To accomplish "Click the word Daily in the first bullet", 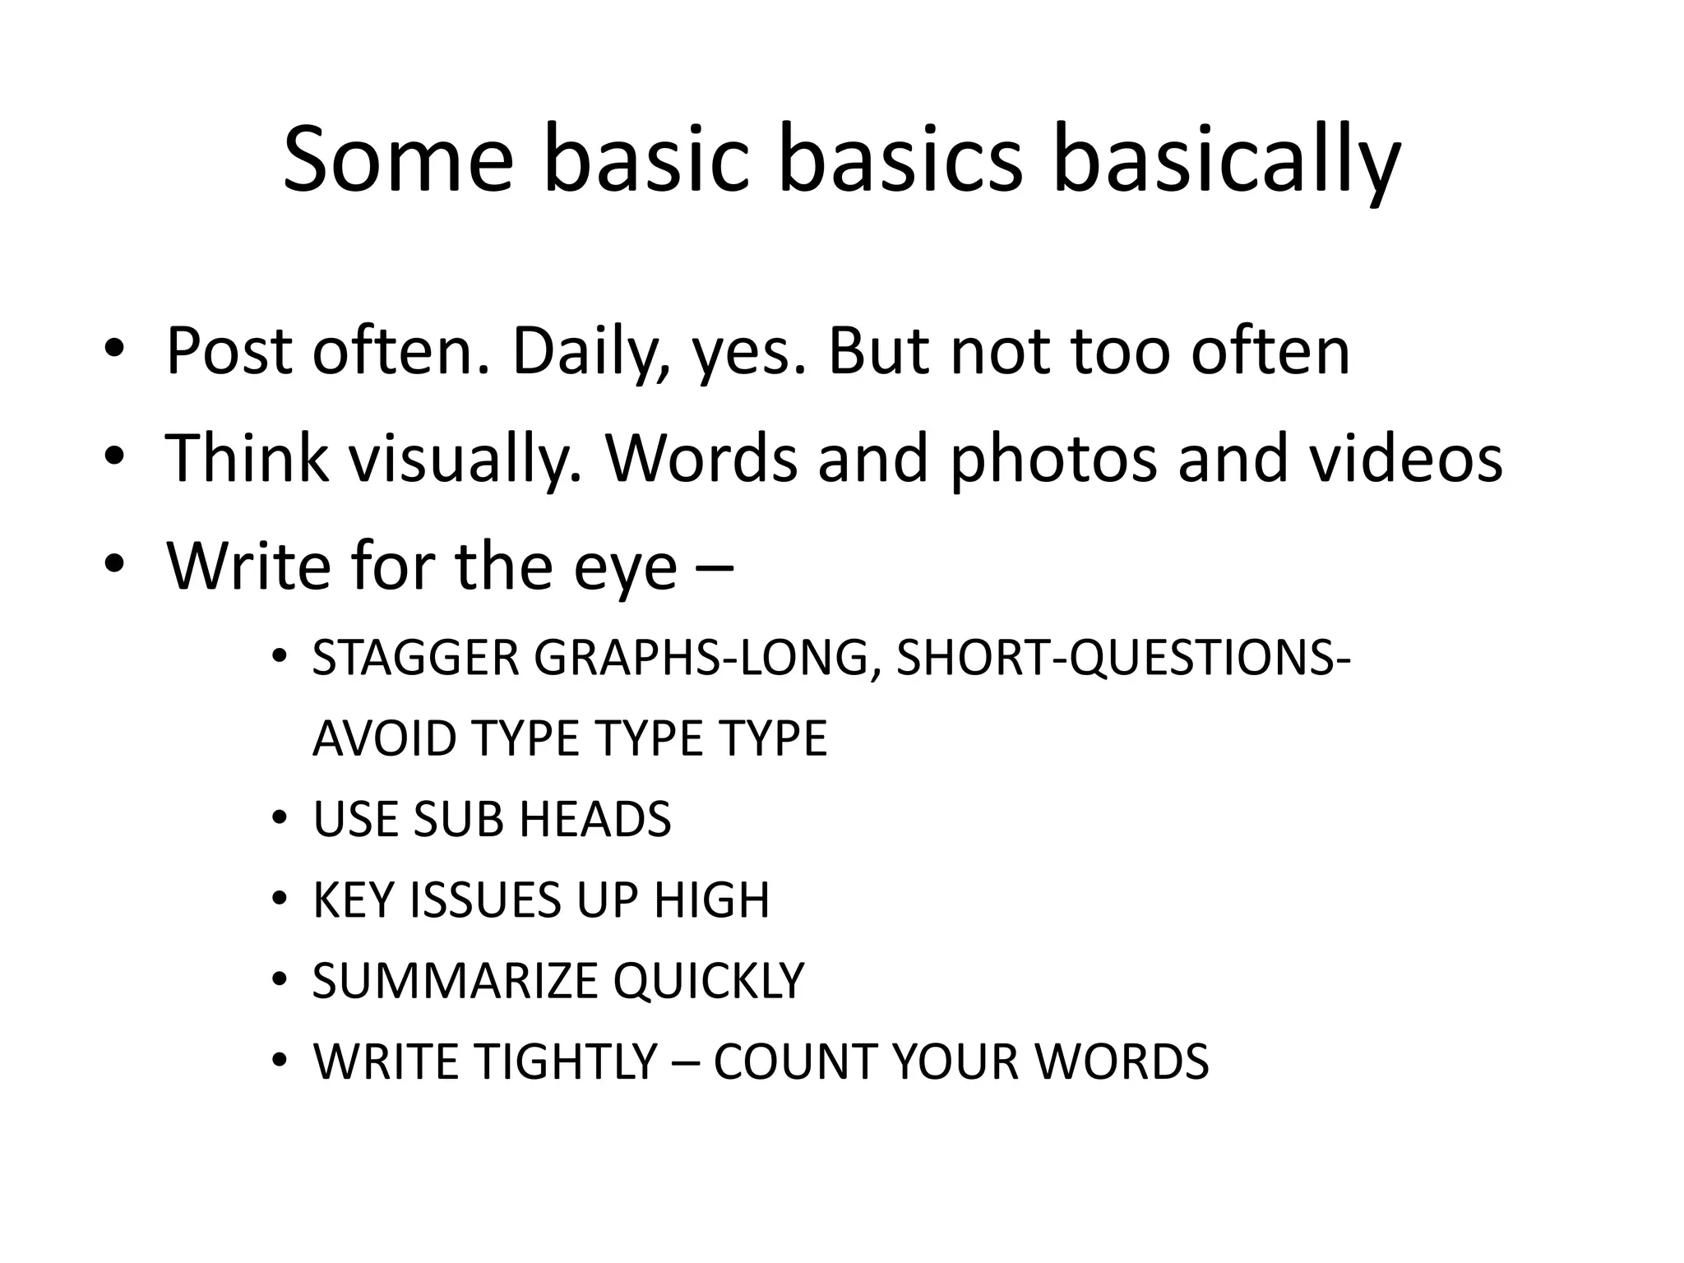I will click(587, 352).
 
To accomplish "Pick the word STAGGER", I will click(415, 658).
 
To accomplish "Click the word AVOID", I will click(384, 738).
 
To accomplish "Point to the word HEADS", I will click(595, 819).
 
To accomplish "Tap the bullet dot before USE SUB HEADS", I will click(280, 819).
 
